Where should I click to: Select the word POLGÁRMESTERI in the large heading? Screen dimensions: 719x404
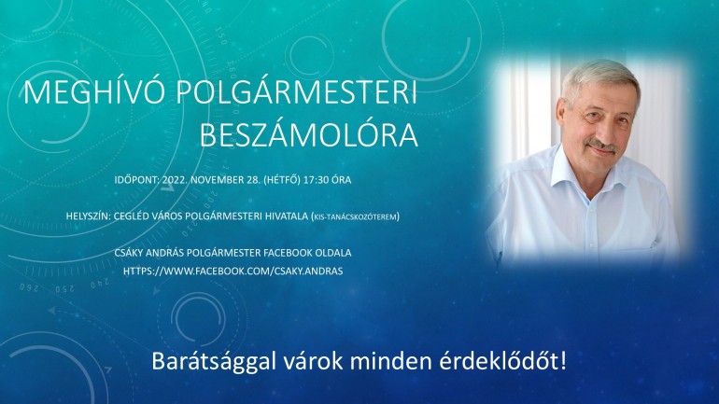[x=297, y=92]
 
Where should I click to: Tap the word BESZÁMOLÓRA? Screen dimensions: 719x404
[x=308, y=134]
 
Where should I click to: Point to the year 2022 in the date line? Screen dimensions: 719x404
[x=175, y=179]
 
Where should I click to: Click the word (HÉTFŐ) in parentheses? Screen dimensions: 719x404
[x=282, y=179]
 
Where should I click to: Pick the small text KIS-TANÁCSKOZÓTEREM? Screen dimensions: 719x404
[x=355, y=216]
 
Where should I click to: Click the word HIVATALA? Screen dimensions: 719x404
[x=286, y=216]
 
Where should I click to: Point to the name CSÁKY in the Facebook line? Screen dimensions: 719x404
[x=129, y=253]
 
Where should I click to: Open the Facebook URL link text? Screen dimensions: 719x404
[x=233, y=272]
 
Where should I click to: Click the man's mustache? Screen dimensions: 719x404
[x=601, y=145]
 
